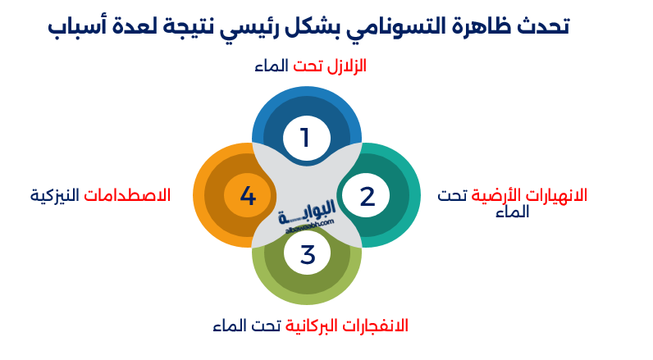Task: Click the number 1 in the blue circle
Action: click(305, 138)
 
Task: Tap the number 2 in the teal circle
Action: click(367, 196)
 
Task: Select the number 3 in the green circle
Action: click(307, 255)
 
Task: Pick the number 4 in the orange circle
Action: click(248, 196)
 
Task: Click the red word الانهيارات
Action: click(558, 196)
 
